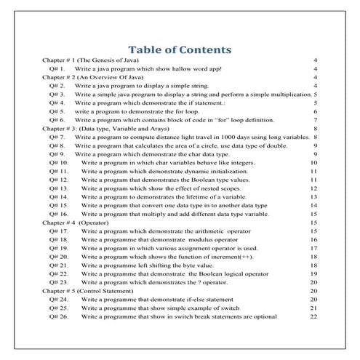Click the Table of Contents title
179,50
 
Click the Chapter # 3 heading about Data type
102,127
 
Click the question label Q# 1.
58,68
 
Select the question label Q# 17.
59,230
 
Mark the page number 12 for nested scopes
313,187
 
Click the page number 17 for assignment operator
313,247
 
